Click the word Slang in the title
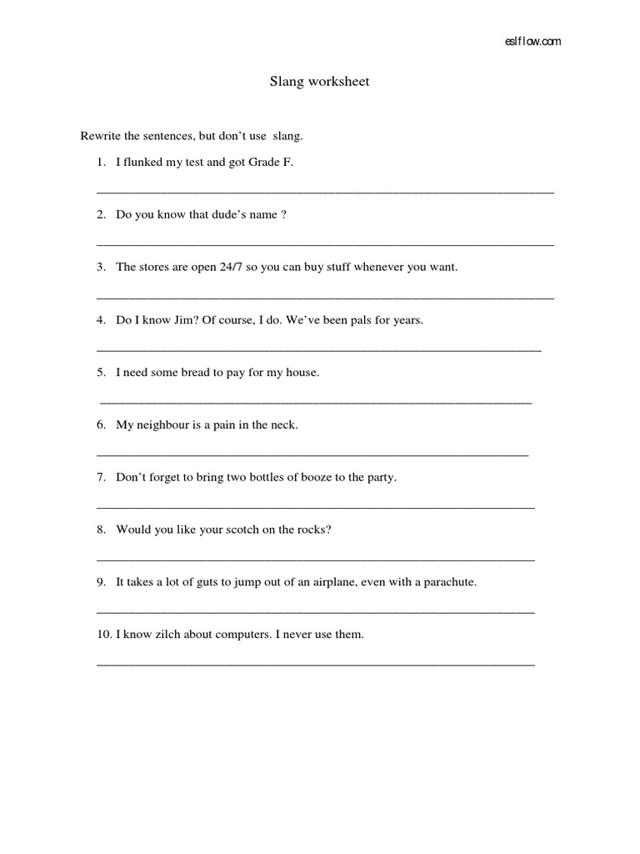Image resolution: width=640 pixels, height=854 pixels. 285,82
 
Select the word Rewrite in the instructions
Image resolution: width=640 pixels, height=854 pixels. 100,135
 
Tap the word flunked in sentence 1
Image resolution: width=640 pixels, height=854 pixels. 143,162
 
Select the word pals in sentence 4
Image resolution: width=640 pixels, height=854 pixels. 361,319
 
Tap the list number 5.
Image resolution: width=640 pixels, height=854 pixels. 100,372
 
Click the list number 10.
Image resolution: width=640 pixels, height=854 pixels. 103,635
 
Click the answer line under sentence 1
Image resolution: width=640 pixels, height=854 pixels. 325,192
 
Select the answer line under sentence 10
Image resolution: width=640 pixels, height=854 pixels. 316,665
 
